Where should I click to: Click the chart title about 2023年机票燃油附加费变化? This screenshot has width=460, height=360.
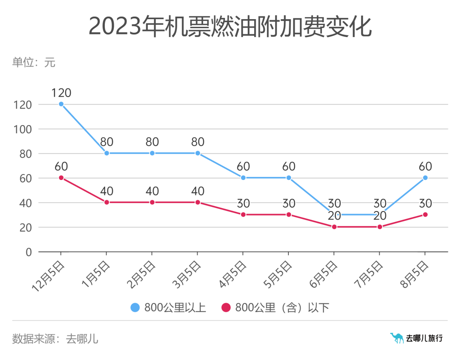pos(230,26)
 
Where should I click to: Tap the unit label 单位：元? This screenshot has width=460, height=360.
pos(34,63)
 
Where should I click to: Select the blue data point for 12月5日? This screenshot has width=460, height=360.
pos(61,104)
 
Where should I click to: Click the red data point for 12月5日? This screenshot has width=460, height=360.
pos(61,178)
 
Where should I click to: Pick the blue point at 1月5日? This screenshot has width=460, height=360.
pos(106,153)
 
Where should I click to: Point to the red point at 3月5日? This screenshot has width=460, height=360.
pos(198,203)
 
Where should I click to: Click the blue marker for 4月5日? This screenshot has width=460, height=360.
pos(243,178)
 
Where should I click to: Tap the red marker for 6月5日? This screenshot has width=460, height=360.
pos(334,227)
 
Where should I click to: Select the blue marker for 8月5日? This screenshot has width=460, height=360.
pos(425,178)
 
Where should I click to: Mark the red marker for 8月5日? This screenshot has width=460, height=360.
pos(425,215)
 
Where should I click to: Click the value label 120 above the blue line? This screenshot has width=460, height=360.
pos(61,93)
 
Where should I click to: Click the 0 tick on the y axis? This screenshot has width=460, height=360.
pos(29,252)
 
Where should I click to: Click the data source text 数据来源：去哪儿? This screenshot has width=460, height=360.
pos(55,339)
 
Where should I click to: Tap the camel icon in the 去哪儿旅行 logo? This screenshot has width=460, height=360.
pos(397,338)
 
